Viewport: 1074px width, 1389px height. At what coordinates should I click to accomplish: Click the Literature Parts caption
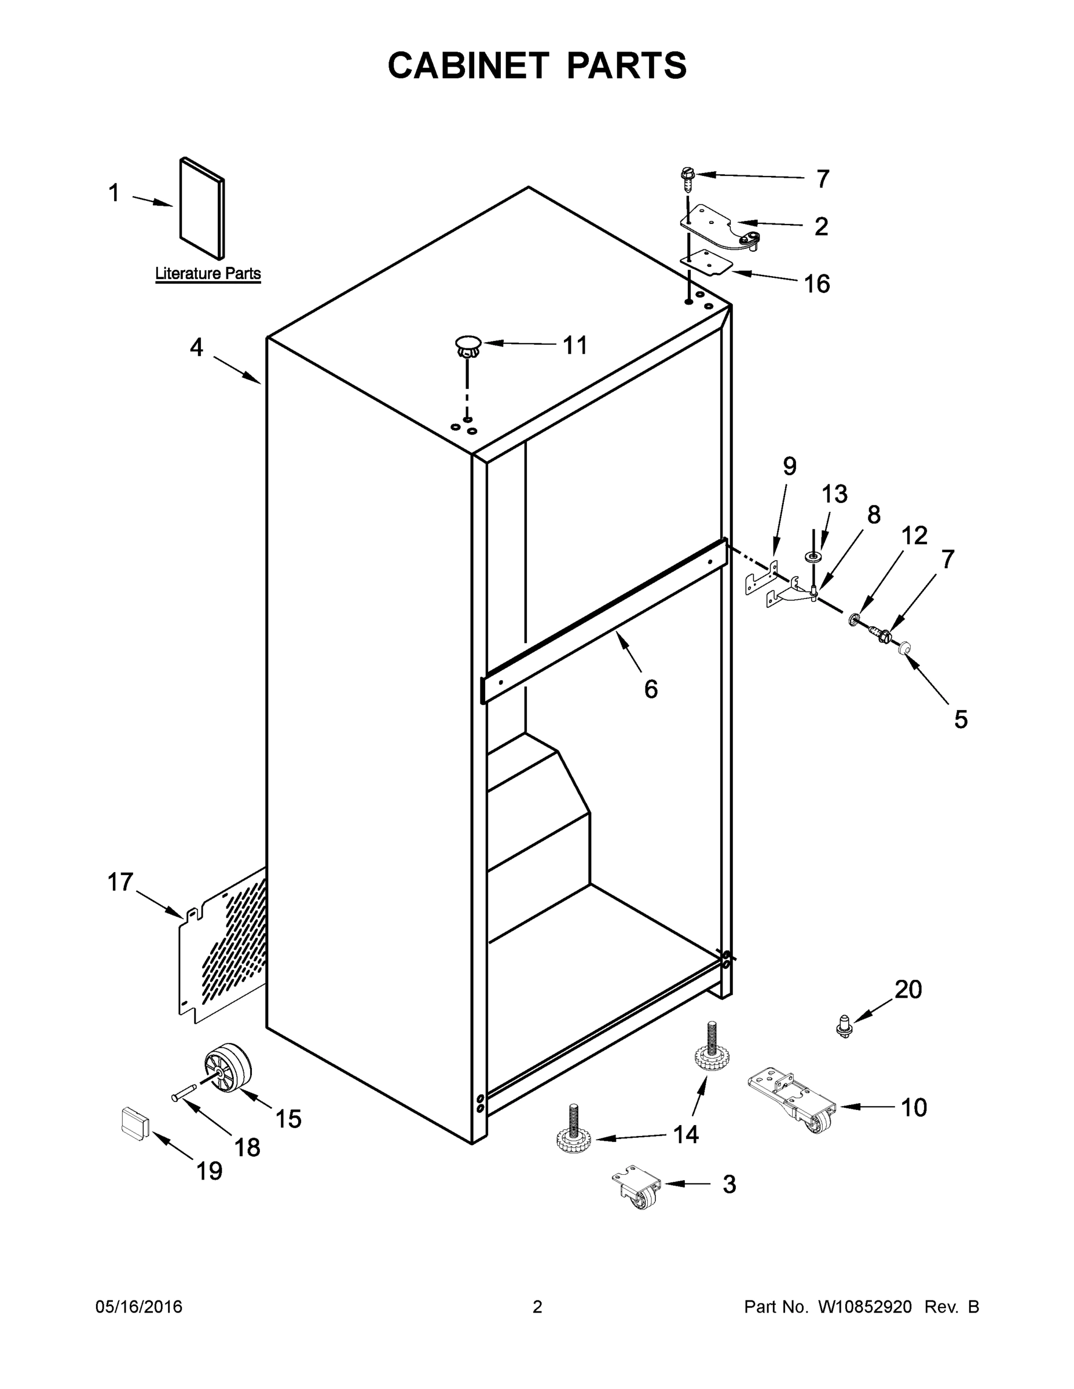208,274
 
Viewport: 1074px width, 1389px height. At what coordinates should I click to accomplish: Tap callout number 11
575,346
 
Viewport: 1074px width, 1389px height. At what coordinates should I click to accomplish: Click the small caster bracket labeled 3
637,1188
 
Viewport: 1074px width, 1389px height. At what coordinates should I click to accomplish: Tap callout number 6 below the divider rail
651,689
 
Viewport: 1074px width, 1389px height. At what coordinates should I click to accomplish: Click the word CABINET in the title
468,65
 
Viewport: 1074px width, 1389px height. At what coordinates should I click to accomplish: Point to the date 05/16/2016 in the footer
139,1307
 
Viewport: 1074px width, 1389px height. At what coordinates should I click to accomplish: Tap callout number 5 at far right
961,719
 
